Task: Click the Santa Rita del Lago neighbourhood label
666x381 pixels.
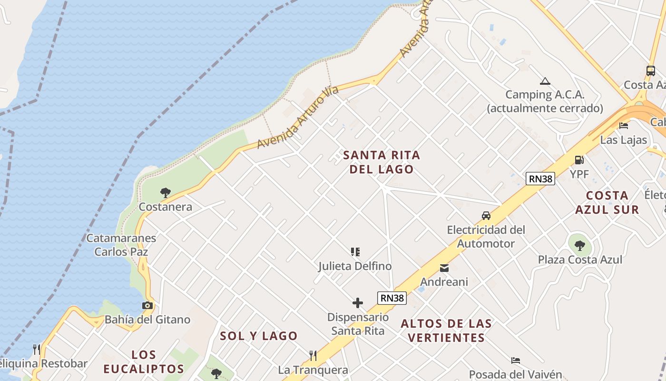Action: tap(382, 162)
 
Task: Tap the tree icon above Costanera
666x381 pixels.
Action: tap(166, 193)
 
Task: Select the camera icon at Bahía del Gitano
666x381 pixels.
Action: tap(147, 306)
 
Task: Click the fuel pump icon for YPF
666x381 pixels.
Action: tap(579, 160)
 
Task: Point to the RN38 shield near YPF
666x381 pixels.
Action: tap(540, 179)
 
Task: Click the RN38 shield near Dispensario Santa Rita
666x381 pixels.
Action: tap(392, 298)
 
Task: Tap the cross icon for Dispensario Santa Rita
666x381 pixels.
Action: tap(358, 303)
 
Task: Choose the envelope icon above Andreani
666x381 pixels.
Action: tap(444, 268)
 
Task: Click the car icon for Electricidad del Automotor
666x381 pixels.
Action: tap(486, 216)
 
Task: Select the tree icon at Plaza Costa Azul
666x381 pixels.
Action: tap(579, 246)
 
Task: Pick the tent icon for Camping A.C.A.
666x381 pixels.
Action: tap(545, 81)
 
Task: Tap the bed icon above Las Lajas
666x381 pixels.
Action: tap(624, 126)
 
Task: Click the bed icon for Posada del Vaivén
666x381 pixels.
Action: tap(516, 361)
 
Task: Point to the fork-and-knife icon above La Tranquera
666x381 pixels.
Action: tap(313, 355)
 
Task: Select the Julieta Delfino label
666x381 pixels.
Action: tap(355, 266)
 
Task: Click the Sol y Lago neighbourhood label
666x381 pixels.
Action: tap(258, 336)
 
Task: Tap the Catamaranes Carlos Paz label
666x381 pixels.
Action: tap(121, 245)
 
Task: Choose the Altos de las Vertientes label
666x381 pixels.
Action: tap(446, 331)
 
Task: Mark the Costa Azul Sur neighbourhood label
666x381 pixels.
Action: tap(607, 202)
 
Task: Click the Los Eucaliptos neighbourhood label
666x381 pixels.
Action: tap(144, 362)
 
